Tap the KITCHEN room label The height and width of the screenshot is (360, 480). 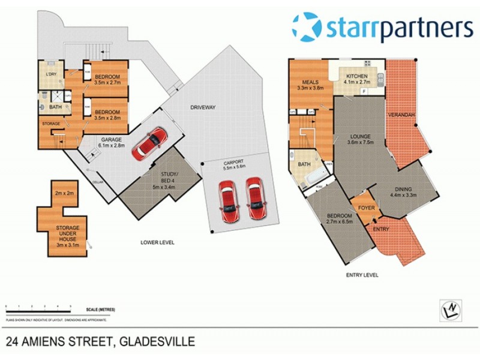point(358,79)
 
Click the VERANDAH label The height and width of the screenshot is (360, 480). point(401,114)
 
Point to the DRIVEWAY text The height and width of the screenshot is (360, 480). point(203,107)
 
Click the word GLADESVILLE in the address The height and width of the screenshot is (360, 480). point(158,342)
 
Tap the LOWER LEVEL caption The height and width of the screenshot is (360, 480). point(157,242)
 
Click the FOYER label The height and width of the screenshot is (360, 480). point(367,208)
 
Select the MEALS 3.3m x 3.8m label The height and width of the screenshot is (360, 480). point(310,85)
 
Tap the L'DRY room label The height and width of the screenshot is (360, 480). point(52,74)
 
